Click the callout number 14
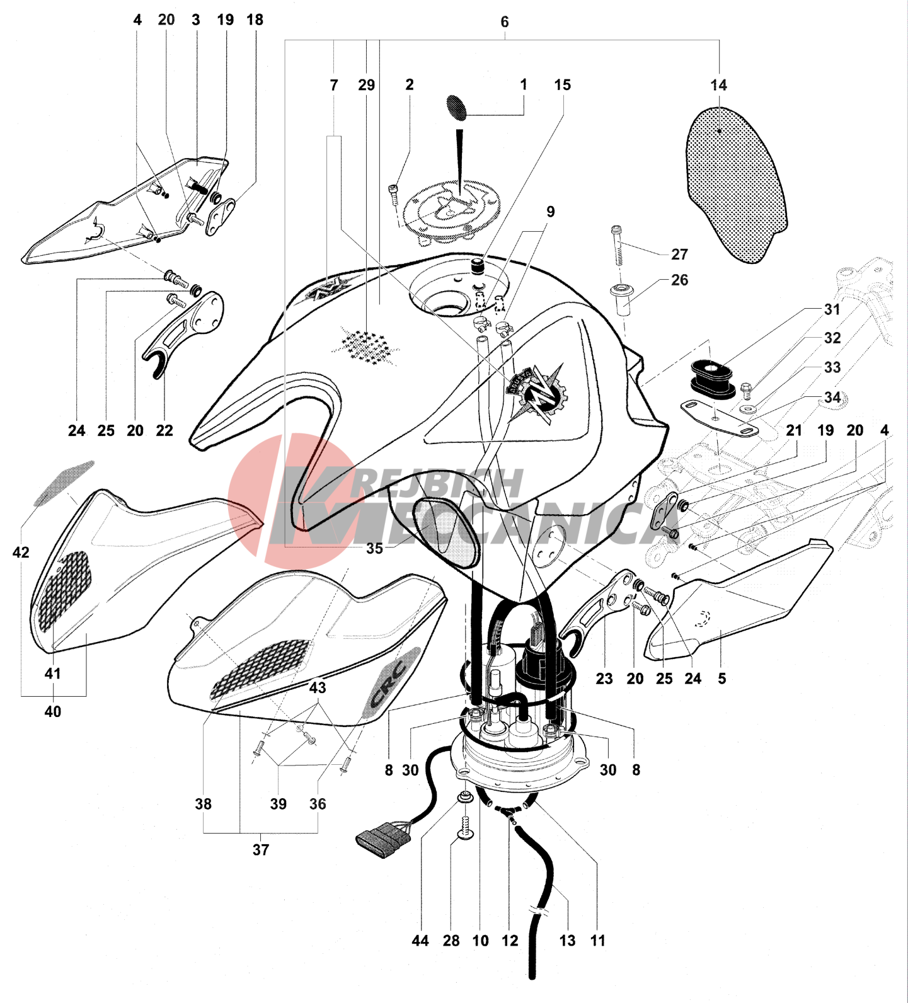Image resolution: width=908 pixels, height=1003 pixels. click(718, 85)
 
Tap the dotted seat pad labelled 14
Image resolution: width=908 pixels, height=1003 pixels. click(736, 184)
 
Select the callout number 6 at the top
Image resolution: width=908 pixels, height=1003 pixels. click(505, 22)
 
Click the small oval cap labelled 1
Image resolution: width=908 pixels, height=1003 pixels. click(456, 107)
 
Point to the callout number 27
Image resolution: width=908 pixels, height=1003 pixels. click(679, 254)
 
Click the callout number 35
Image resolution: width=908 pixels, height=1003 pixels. click(374, 548)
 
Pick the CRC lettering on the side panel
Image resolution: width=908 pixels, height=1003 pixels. click(391, 683)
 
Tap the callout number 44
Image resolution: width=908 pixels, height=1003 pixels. click(420, 941)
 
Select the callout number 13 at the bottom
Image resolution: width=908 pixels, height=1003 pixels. click(567, 941)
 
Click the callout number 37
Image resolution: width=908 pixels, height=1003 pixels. click(261, 850)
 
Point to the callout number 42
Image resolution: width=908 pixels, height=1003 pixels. click(21, 553)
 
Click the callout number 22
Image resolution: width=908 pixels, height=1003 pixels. click(164, 430)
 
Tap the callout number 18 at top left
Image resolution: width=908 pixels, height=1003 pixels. click(255, 20)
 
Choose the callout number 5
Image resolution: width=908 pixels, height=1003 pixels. click(722, 679)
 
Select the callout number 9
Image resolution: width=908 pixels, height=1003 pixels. click(550, 212)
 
